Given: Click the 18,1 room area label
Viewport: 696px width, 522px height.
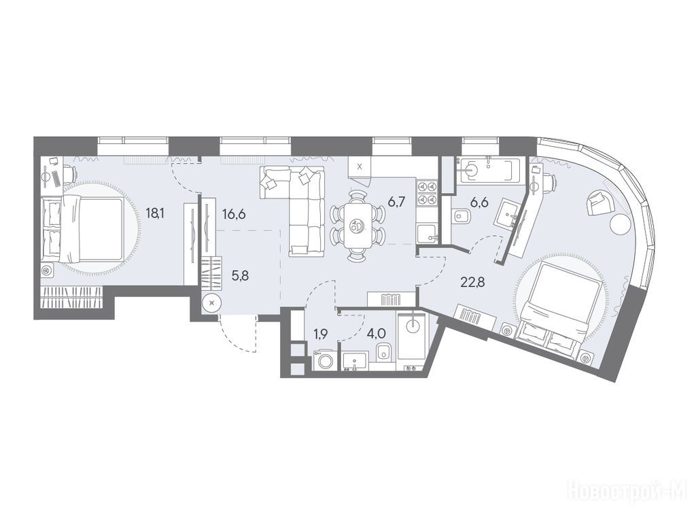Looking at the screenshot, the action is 156,214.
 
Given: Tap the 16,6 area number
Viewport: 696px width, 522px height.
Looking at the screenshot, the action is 234,214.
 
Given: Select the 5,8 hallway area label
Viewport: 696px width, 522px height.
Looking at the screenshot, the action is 240,276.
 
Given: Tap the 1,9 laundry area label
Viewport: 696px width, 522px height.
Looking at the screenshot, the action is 321,334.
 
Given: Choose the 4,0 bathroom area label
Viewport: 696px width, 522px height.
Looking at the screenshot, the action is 375,334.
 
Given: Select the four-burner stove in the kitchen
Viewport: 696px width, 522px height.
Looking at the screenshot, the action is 427,193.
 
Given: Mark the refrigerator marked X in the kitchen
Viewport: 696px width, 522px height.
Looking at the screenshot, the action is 360,167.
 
